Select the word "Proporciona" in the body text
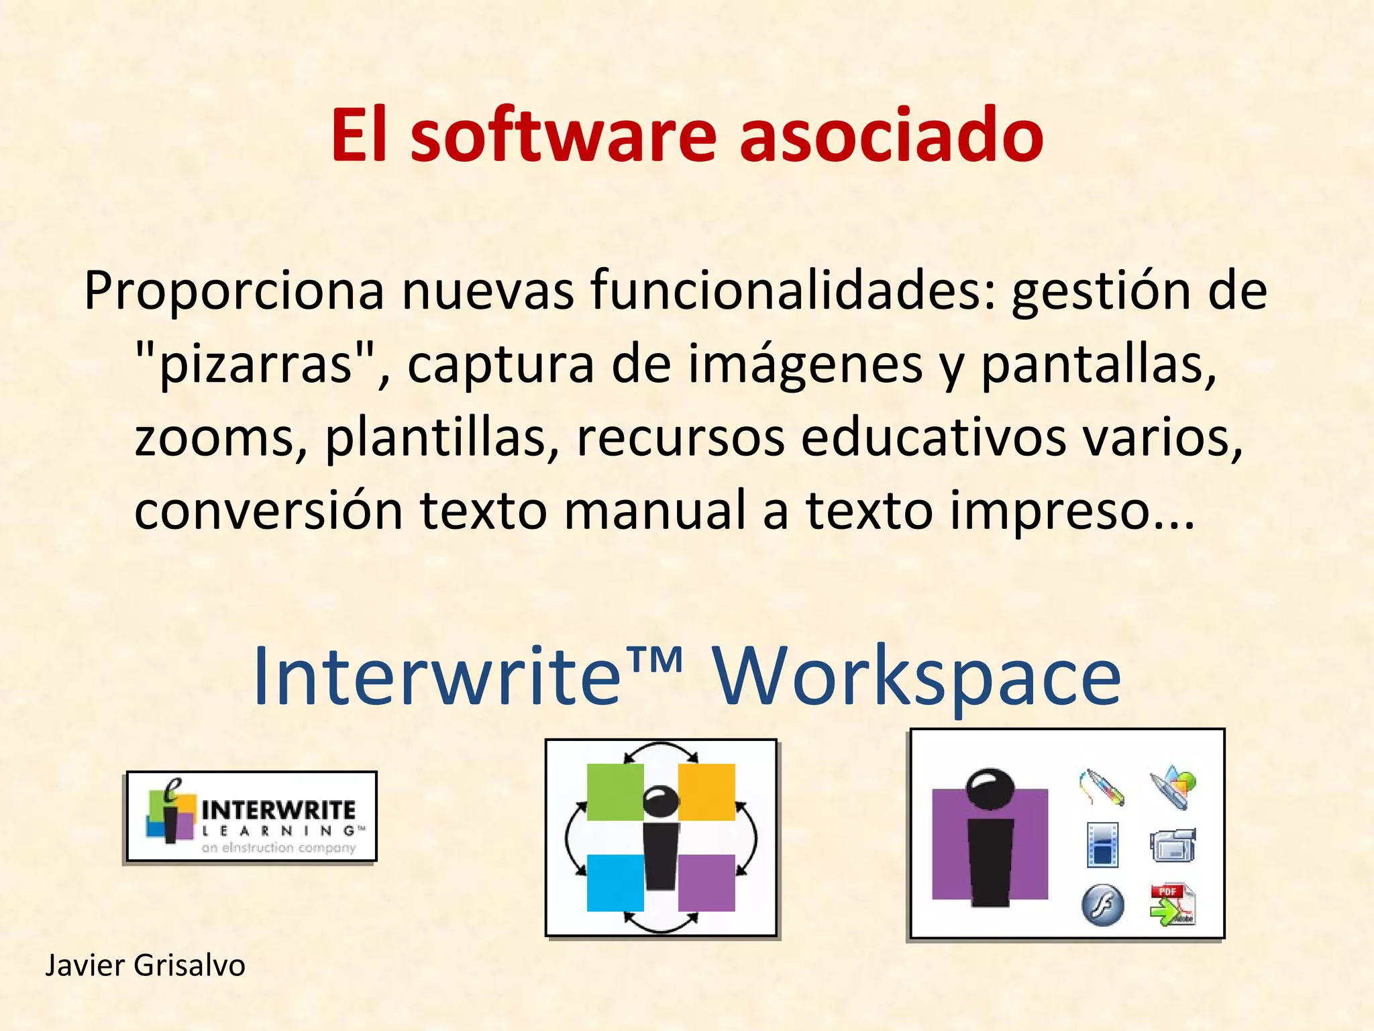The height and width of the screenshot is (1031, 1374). [x=234, y=291]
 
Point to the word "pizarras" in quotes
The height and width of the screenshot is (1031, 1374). [x=256, y=365]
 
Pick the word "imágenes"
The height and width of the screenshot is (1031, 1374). [x=805, y=365]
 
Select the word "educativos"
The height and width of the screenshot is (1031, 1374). [x=933, y=438]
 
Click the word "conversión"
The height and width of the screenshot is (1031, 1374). [x=269, y=510]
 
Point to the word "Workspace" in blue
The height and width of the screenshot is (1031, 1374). [x=916, y=677]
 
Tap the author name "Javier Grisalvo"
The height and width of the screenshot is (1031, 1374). [x=145, y=966]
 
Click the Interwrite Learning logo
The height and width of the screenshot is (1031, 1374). [x=252, y=816]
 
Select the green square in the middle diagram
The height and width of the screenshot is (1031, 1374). [x=615, y=792]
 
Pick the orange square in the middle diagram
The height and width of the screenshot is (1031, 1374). [x=707, y=792]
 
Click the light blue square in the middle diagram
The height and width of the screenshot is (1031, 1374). [x=615, y=883]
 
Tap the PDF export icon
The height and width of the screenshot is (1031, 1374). [x=1171, y=904]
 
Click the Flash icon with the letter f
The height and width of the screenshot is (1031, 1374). [x=1102, y=905]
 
